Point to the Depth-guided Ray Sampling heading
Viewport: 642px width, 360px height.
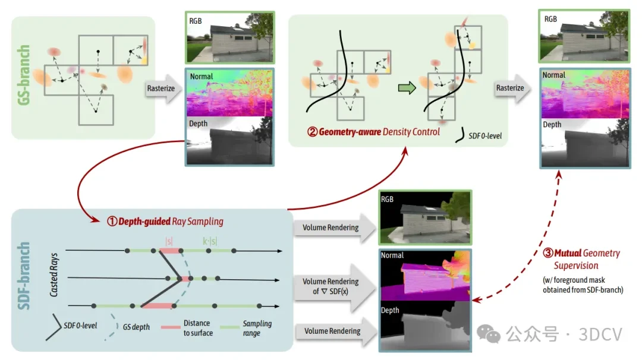[165, 222]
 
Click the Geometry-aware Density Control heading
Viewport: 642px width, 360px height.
[373, 132]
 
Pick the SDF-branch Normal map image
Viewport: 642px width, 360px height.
[424, 276]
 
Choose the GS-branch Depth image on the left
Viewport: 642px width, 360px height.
[230, 141]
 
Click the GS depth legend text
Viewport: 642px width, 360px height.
[136, 327]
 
